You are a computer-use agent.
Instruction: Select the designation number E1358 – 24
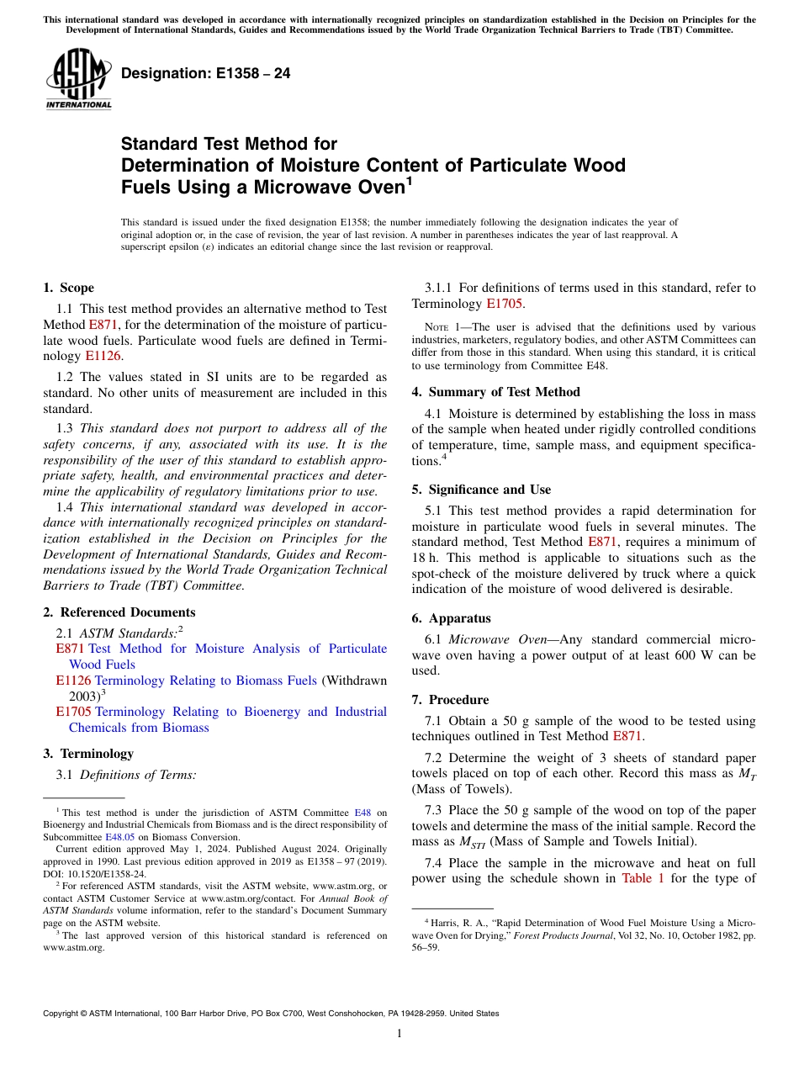pyautogui.click(x=206, y=73)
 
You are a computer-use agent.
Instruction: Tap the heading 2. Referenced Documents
pyautogui.click(x=119, y=612)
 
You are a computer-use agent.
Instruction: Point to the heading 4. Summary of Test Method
pyautogui.click(x=496, y=392)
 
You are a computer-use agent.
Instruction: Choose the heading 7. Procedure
pyautogui.click(x=450, y=700)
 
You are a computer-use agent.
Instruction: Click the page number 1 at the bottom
pyautogui.click(x=399, y=1034)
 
